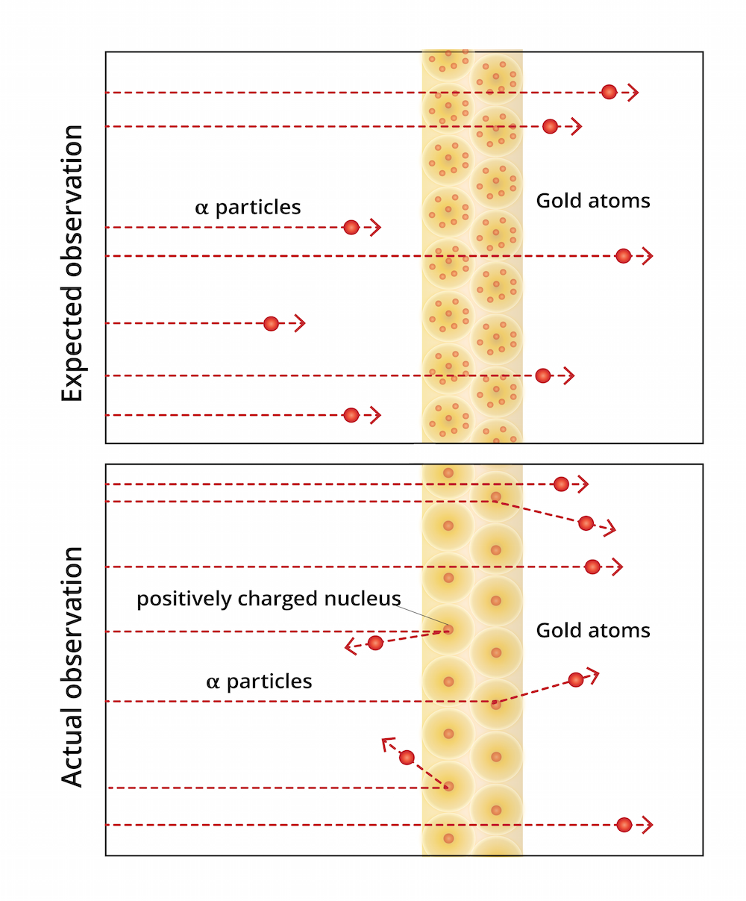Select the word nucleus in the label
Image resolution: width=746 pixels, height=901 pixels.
click(366, 599)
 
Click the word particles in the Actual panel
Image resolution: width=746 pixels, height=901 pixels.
click(269, 682)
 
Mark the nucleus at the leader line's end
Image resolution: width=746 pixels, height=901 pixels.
click(448, 629)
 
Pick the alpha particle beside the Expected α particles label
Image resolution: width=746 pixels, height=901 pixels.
click(351, 227)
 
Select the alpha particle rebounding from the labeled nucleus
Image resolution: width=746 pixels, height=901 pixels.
click(375, 643)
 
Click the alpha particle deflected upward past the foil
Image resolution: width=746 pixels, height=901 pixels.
click(575, 679)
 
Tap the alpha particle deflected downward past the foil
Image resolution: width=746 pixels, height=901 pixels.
click(586, 523)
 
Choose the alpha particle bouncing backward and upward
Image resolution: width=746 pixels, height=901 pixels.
click(407, 758)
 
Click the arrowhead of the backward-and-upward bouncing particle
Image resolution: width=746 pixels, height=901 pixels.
click(386, 742)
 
